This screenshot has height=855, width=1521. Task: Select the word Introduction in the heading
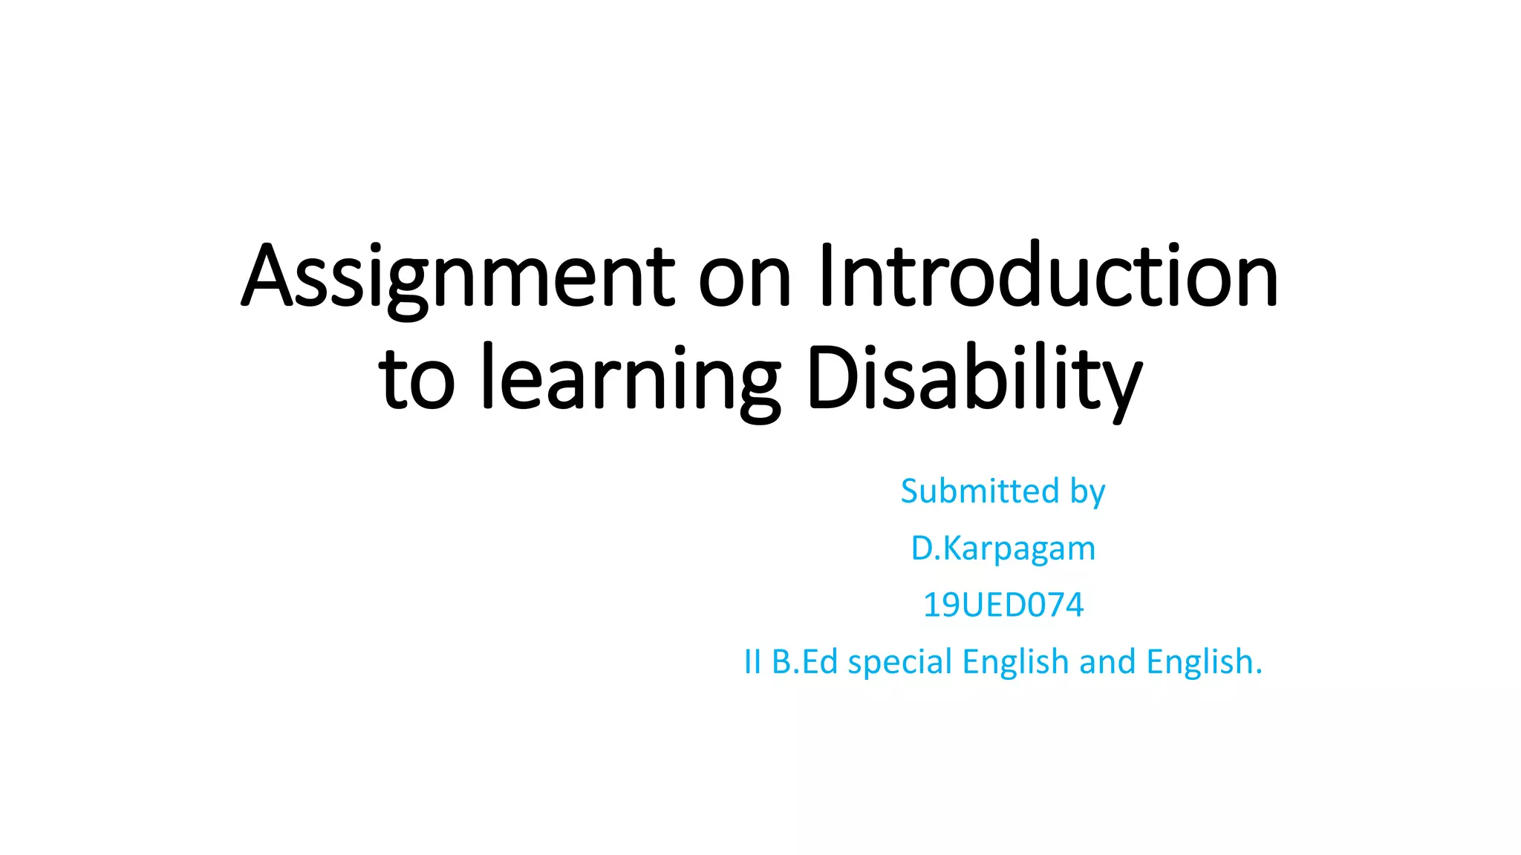pyautogui.click(x=1048, y=275)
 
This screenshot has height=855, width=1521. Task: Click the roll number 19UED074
pyautogui.click(x=1003, y=605)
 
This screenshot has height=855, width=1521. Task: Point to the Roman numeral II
pyautogui.click(x=752, y=662)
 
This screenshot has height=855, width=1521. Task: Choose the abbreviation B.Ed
pyautogui.click(x=805, y=662)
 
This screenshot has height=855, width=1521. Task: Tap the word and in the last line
pyautogui.click(x=1107, y=662)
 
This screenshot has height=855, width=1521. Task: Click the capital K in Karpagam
pyautogui.click(x=952, y=549)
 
